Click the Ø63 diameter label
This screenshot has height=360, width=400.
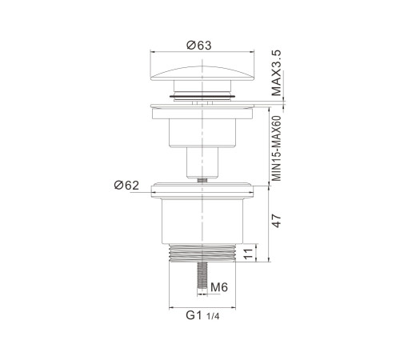tap(199, 45)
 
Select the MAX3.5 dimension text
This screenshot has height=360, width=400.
tap(277, 73)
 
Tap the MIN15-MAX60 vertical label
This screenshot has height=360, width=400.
tap(277, 148)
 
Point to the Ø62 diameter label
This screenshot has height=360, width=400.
tap(126, 185)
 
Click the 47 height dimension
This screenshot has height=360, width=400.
tap(278, 221)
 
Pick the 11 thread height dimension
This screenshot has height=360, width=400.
tap(248, 253)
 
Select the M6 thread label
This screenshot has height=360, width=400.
tap(219, 287)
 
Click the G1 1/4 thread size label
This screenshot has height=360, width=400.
tap(202, 315)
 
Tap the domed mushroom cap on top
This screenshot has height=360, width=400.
tap(202, 74)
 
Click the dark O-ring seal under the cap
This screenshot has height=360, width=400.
tap(202, 96)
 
